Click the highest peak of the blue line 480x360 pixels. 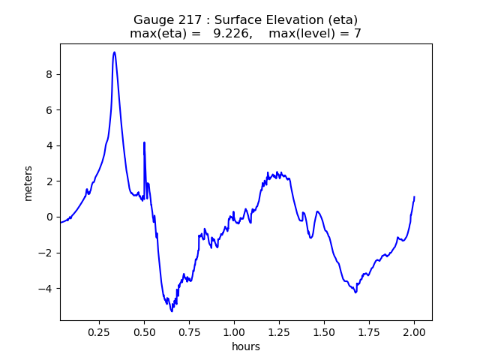tap(114, 52)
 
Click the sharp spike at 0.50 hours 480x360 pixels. tap(144, 142)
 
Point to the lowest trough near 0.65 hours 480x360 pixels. tap(172, 310)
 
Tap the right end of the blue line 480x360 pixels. tap(414, 197)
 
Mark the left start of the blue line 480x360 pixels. tap(60, 223)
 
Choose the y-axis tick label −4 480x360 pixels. tap(46, 289)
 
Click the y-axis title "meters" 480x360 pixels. tap(28, 183)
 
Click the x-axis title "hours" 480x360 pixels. tap(246, 346)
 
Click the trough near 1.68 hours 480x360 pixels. tap(355, 292)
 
